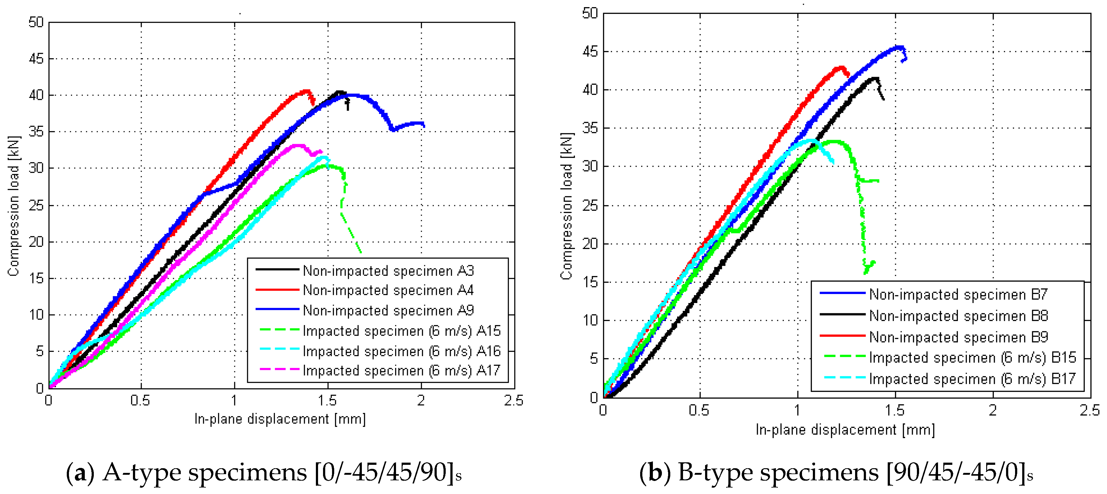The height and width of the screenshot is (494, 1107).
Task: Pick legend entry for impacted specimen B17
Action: point(972,379)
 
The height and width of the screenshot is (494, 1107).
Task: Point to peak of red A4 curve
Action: point(306,90)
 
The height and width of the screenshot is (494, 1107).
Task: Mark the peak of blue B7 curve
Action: point(899,46)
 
